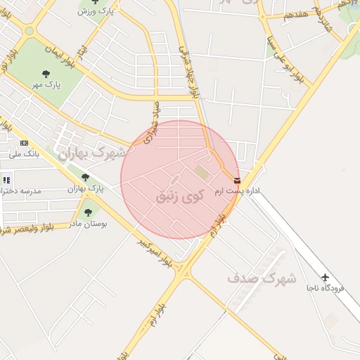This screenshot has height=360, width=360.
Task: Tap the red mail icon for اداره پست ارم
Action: tap(236, 181)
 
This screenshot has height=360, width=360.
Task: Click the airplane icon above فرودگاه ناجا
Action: tap(325, 276)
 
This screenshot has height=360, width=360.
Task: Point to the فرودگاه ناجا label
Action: tap(325, 288)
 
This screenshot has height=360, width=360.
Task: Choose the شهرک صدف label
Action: tap(262, 278)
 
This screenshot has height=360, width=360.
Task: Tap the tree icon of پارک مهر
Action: tap(46, 73)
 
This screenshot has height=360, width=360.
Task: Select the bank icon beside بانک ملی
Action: tap(25, 143)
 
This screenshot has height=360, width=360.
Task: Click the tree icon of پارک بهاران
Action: tap(85, 178)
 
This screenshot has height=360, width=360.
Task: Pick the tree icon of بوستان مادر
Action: tap(87, 212)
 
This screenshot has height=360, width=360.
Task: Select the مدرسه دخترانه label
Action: tap(21, 191)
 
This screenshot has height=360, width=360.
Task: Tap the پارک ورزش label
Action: tap(96, 12)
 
